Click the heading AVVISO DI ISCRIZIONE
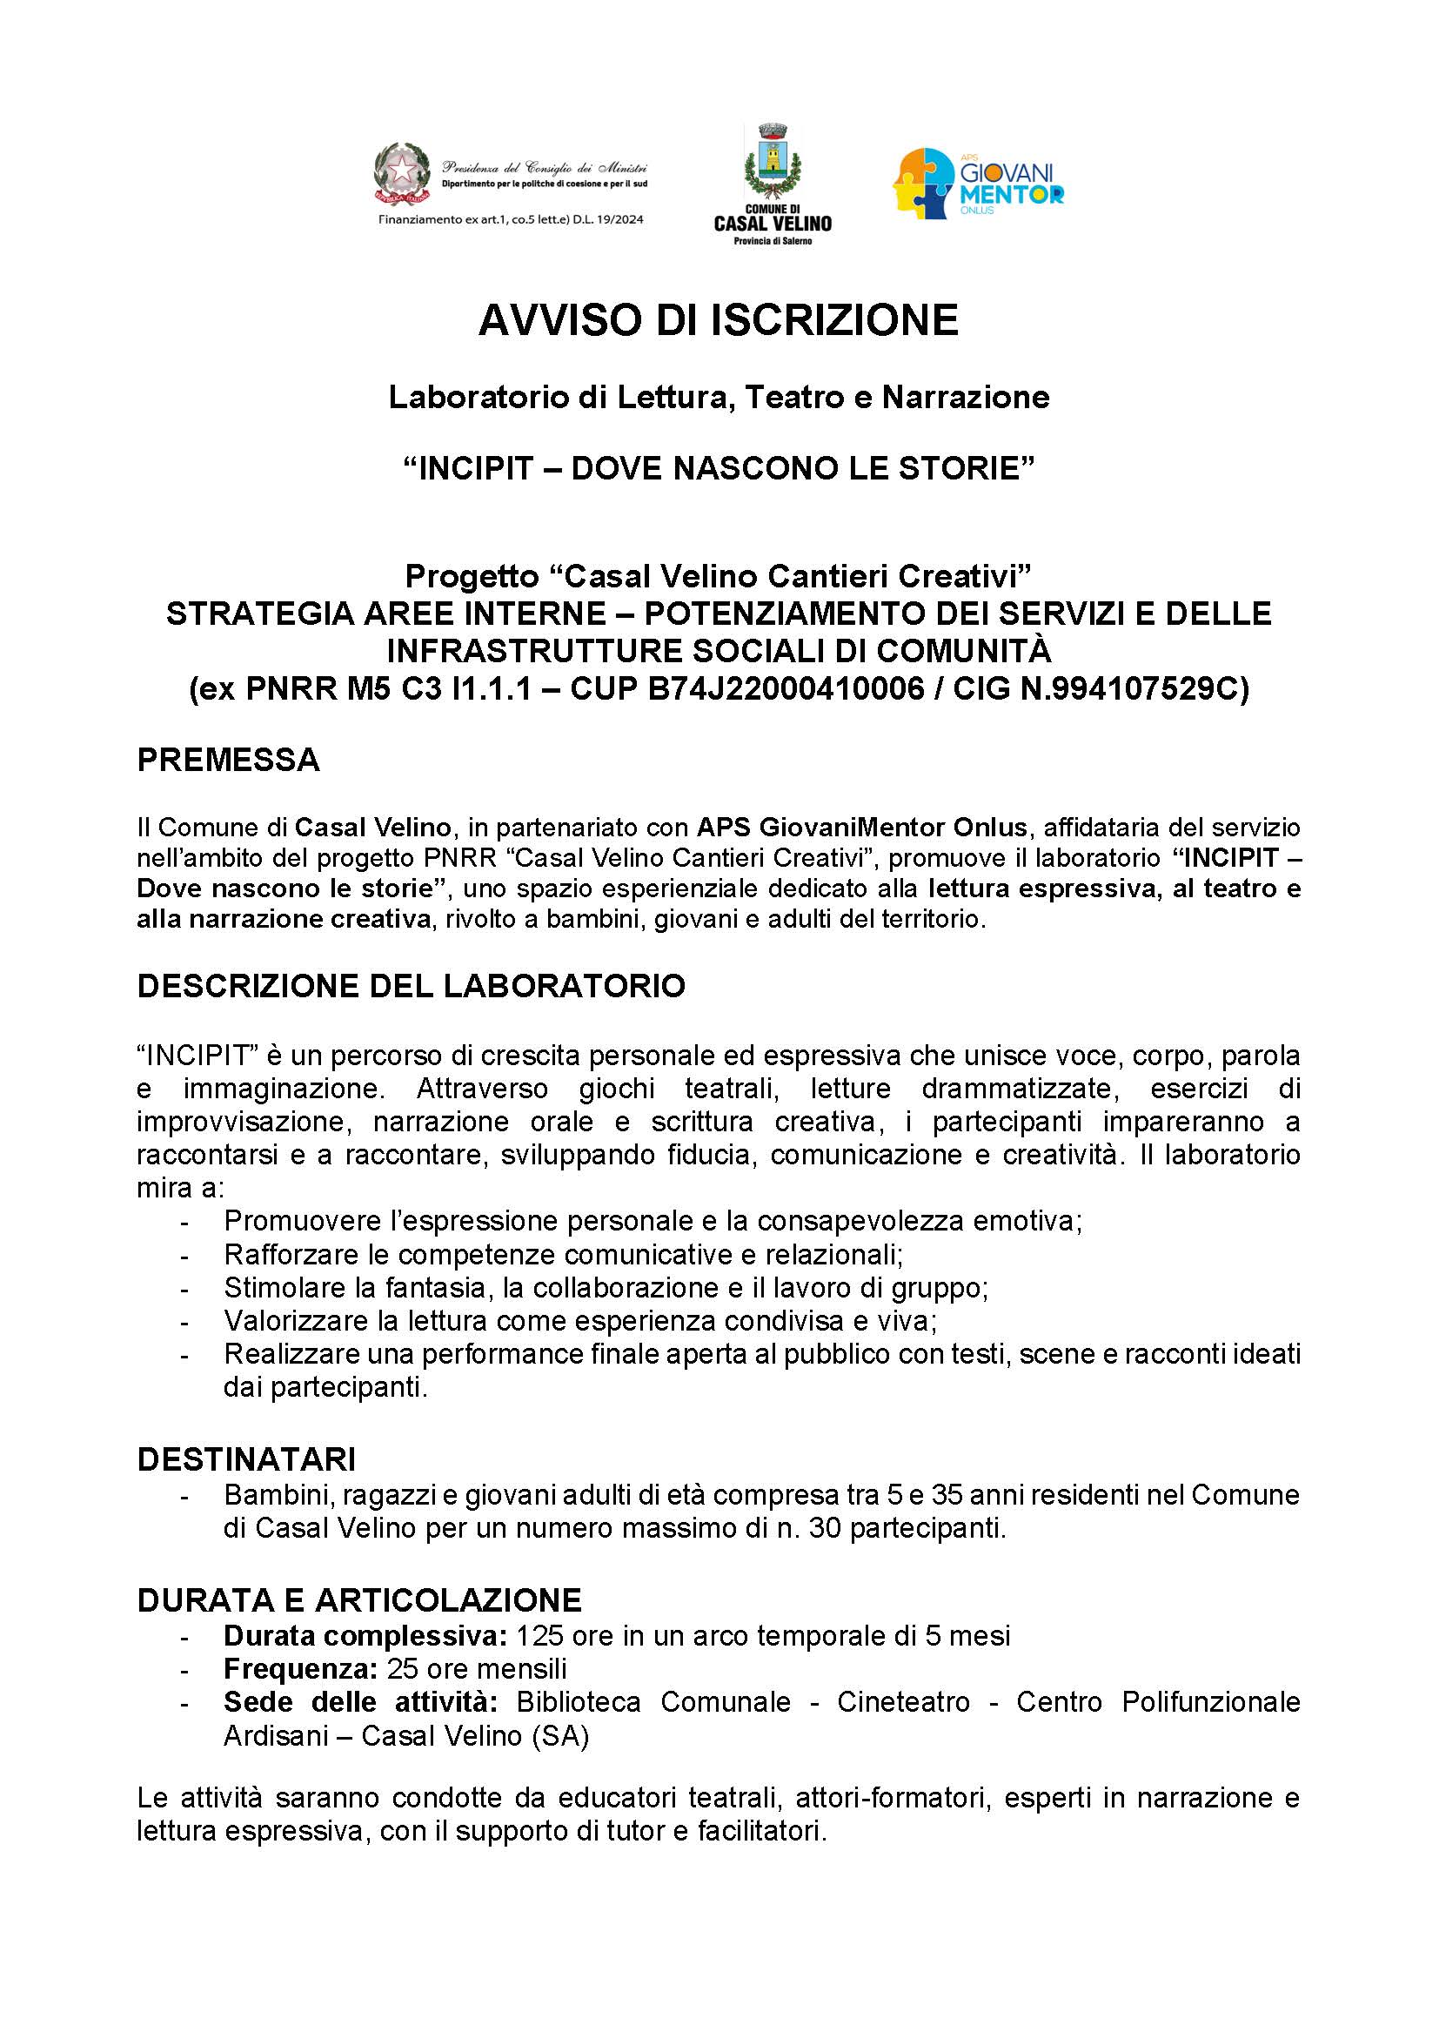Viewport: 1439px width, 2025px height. click(719, 320)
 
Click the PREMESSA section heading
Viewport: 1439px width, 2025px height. click(229, 760)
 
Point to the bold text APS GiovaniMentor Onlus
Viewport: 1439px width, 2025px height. click(862, 828)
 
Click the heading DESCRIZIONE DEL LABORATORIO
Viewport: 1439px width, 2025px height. click(412, 985)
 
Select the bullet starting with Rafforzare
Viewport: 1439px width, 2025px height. click(563, 1254)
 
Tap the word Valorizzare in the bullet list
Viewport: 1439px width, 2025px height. click(296, 1320)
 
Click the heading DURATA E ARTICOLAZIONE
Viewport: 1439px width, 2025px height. click(358, 1599)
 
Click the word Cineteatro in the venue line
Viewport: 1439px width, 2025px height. click(903, 1702)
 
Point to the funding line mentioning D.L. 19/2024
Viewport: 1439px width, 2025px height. click(512, 219)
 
